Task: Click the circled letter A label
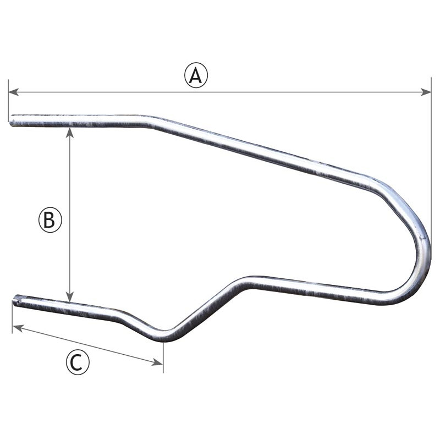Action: tap(196, 75)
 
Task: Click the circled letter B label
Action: tap(50, 220)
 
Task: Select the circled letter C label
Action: tap(78, 363)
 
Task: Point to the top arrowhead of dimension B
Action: tap(69, 133)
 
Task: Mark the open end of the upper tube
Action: tap(12, 121)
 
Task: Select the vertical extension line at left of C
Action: tap(12, 319)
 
